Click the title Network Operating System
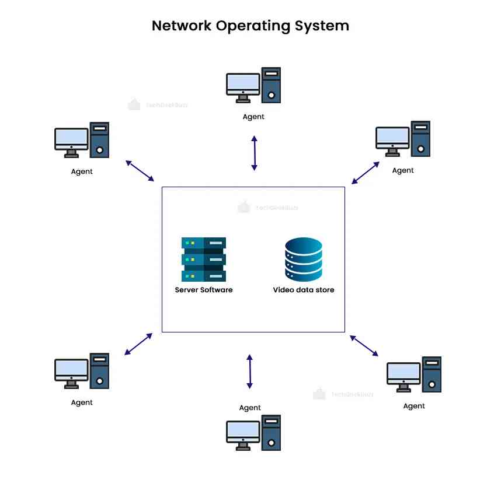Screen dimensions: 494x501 pyautogui.click(x=250, y=26)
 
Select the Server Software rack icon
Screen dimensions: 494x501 pyautogui.click(x=204, y=260)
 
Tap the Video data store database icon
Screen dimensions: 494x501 pyautogui.click(x=303, y=259)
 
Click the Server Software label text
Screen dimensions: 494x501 pyautogui.click(x=204, y=290)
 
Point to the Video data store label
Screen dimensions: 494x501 pyautogui.click(x=304, y=290)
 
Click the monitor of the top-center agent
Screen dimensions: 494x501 pyautogui.click(x=243, y=85)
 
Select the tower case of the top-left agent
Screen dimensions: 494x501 pyautogui.click(x=100, y=140)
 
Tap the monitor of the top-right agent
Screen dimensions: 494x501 pyautogui.click(x=392, y=139)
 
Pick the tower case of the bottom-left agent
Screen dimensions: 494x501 pyautogui.click(x=100, y=371)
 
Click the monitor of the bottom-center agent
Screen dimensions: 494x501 pyautogui.click(x=243, y=432)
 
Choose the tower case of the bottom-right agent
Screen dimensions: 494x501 pyautogui.click(x=432, y=374)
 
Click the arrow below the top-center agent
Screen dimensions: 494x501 pyautogui.click(x=254, y=153)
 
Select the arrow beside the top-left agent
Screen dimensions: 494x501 pyautogui.click(x=140, y=170)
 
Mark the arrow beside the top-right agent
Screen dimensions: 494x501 pyautogui.click(x=366, y=173)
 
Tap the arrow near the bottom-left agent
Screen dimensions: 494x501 pyautogui.click(x=138, y=344)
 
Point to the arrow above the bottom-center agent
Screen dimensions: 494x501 pyautogui.click(x=249, y=372)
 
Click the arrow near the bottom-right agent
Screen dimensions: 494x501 pyautogui.click(x=364, y=345)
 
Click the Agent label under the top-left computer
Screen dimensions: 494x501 pyautogui.click(x=82, y=171)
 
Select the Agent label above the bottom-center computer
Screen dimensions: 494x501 pyautogui.click(x=250, y=408)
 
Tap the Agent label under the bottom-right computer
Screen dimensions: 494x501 pyautogui.click(x=414, y=406)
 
